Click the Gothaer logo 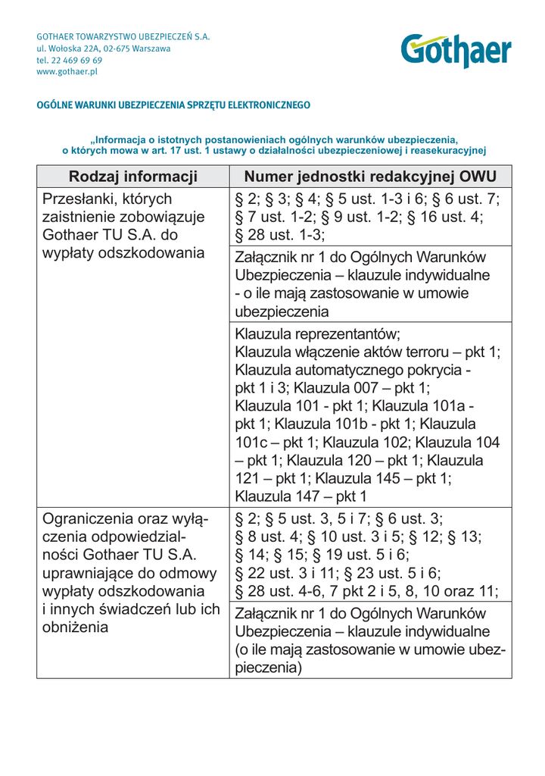pyautogui.click(x=456, y=52)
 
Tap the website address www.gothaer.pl pyautogui.click(x=67, y=72)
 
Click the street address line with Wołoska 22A pyautogui.click(x=104, y=48)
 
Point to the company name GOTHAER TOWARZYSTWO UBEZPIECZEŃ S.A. pyautogui.click(x=123, y=36)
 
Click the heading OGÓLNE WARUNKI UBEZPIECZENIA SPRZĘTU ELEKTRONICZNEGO pyautogui.click(x=173, y=105)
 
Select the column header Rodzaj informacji pyautogui.click(x=132, y=177)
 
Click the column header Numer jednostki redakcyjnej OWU pyautogui.click(x=370, y=177)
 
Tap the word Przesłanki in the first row pyautogui.click(x=80, y=199)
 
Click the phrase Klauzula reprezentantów pyautogui.click(x=317, y=334)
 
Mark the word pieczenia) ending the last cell pyautogui.click(x=269, y=668)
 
